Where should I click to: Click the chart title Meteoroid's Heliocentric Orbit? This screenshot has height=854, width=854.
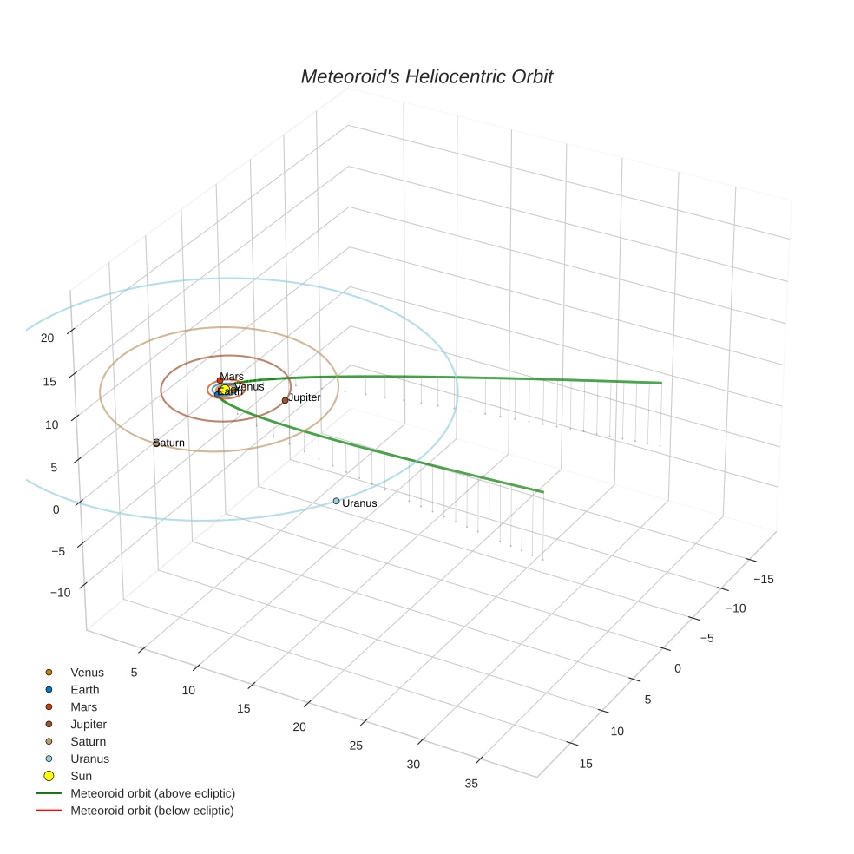(x=426, y=76)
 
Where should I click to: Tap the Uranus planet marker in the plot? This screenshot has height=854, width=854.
(x=337, y=501)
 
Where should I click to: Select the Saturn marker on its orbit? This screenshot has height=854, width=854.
(x=156, y=443)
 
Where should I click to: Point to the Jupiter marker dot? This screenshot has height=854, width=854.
(x=285, y=400)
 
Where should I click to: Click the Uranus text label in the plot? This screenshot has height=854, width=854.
(x=359, y=503)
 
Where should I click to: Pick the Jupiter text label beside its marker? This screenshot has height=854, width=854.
(x=305, y=397)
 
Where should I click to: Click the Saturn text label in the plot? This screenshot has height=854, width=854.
(x=169, y=443)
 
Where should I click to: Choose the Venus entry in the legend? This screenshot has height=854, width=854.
(x=87, y=673)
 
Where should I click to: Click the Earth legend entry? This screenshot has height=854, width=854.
(x=85, y=690)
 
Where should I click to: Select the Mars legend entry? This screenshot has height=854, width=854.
(x=83, y=707)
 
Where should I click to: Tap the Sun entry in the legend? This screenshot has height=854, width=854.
(x=81, y=776)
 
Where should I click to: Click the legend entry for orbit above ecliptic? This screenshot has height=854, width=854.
(x=153, y=793)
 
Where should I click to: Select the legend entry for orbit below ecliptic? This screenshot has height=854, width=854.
(x=152, y=811)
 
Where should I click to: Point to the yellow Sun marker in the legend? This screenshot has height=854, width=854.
(x=49, y=776)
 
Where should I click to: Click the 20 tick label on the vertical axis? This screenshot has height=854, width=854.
(x=48, y=338)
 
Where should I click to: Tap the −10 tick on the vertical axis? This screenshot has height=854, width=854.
(x=60, y=592)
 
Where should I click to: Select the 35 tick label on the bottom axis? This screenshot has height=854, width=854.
(x=471, y=784)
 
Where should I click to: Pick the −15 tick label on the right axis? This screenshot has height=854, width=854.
(x=764, y=579)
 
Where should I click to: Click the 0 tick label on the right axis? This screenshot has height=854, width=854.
(x=677, y=667)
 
